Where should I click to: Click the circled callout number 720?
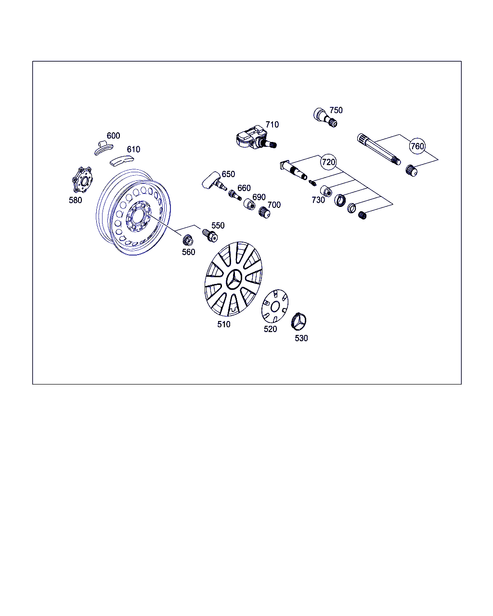(328, 162)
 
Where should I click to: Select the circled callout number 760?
(417, 146)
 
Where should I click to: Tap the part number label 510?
(224, 324)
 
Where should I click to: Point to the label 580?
(75, 200)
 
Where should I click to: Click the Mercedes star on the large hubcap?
(234, 280)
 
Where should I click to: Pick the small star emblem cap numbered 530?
(298, 321)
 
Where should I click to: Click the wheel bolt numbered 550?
(210, 236)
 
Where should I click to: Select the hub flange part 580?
(82, 180)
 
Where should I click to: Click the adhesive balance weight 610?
(122, 161)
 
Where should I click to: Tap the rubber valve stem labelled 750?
(325, 117)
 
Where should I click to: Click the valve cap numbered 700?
(264, 212)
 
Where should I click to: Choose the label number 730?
(318, 200)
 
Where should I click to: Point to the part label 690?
(259, 197)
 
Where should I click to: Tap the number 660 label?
(244, 188)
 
